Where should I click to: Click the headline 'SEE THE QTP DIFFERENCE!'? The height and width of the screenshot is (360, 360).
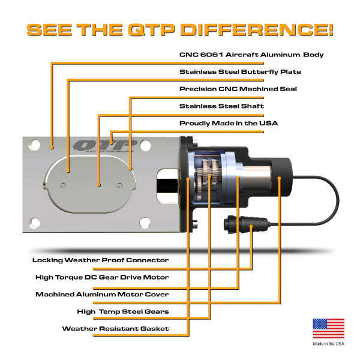[180, 29]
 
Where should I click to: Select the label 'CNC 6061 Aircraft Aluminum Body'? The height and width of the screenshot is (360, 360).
[251, 55]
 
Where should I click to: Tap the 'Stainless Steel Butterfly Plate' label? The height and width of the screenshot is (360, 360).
[240, 72]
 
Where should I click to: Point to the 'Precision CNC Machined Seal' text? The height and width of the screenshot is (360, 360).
[238, 89]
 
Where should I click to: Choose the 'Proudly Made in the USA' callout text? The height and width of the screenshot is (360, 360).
[229, 123]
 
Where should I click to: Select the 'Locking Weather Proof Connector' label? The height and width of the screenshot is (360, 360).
[101, 260]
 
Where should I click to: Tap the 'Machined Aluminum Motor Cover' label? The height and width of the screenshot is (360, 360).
[102, 295]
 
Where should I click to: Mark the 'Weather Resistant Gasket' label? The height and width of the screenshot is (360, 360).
[115, 329]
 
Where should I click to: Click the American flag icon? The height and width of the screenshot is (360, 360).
[328, 329]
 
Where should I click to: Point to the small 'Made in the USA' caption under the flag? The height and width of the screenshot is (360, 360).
[328, 344]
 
